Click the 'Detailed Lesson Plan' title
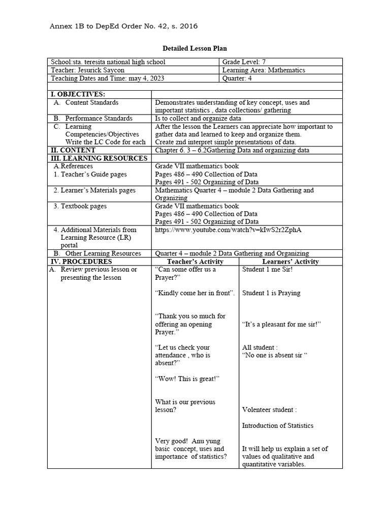[x=194, y=49]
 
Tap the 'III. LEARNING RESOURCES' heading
[x=98, y=158]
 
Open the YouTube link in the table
[x=231, y=230]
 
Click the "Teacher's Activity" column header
[x=196, y=262]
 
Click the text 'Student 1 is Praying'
[x=271, y=292]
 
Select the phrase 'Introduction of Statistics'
[x=278, y=426]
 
